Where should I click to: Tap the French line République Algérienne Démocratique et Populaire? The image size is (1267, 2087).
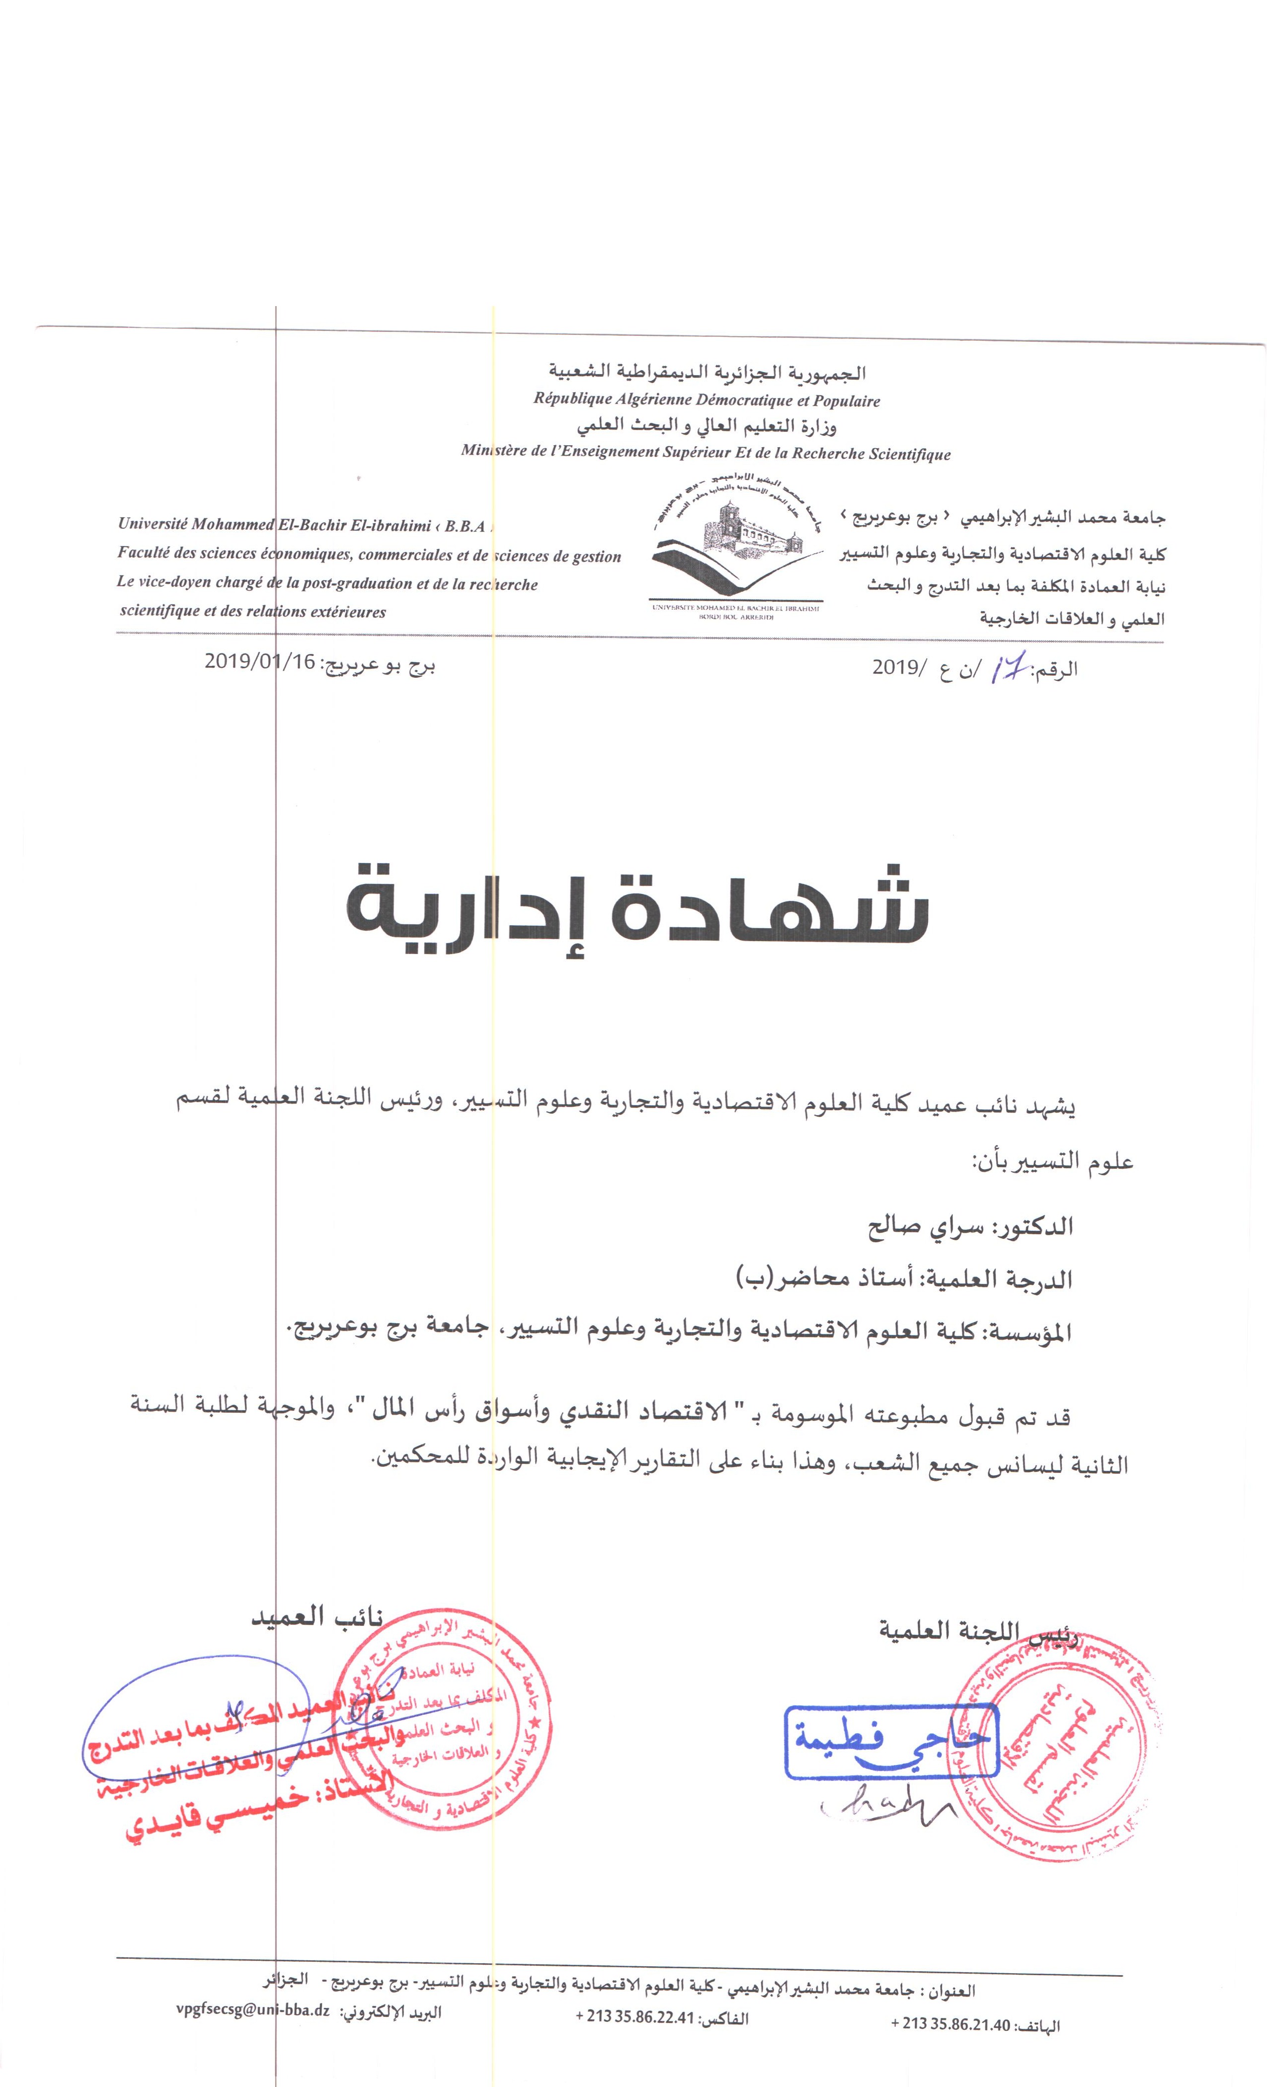pyautogui.click(x=706, y=401)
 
